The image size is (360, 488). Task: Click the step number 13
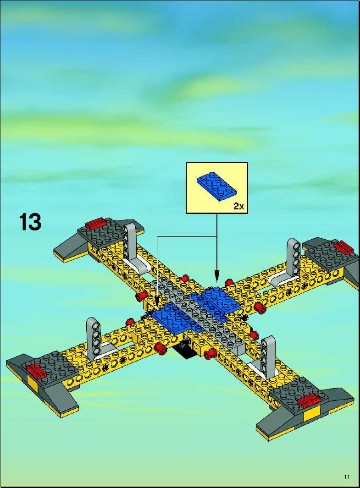[30, 222]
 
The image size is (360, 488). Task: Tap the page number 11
[347, 477]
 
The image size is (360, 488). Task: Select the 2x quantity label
[239, 206]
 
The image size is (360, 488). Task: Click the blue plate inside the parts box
[216, 188]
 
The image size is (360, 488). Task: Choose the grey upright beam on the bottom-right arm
[268, 355]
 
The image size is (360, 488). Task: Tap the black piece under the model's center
[184, 350]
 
